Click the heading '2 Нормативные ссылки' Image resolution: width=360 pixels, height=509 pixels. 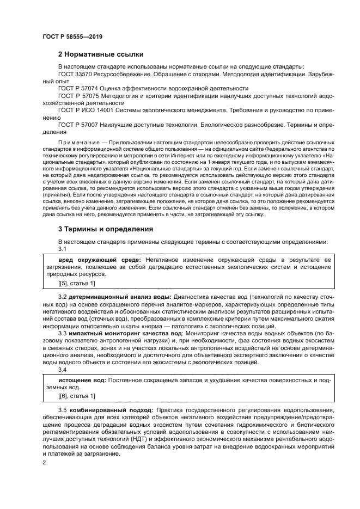(101, 54)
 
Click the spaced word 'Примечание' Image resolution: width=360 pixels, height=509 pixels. (77, 140)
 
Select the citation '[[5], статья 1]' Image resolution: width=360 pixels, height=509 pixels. (76, 283)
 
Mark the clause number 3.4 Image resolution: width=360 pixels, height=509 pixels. (63, 369)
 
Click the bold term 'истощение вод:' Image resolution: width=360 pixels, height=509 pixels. (81, 379)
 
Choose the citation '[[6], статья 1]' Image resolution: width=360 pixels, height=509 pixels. (76, 396)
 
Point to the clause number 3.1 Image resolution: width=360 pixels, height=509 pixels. (62, 248)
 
